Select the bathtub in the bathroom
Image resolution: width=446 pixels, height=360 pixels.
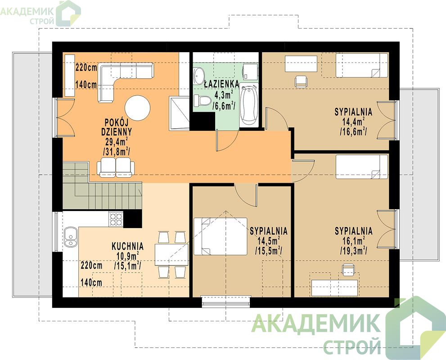tap(248, 106)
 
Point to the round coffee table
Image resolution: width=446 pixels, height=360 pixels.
tap(138, 108)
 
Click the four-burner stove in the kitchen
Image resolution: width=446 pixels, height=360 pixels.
tap(116, 220)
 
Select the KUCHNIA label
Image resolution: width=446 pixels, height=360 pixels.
tap(128, 246)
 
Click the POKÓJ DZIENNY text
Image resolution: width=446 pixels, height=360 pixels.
tap(117, 127)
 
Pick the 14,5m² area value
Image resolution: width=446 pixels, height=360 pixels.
tap(269, 241)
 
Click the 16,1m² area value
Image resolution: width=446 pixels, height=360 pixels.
tap(354, 241)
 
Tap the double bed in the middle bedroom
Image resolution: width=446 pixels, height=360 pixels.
tap(220, 236)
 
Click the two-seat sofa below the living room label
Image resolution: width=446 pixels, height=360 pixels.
tap(116, 167)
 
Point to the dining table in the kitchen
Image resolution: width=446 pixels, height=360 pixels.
tap(171, 255)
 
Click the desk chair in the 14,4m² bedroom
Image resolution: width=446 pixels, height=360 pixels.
tap(301, 81)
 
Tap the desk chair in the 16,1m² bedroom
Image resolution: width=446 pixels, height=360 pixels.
tap(348, 270)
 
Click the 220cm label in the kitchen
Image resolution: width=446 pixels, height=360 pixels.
tap(91, 266)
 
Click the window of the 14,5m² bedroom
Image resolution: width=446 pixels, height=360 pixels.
tap(226, 301)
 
